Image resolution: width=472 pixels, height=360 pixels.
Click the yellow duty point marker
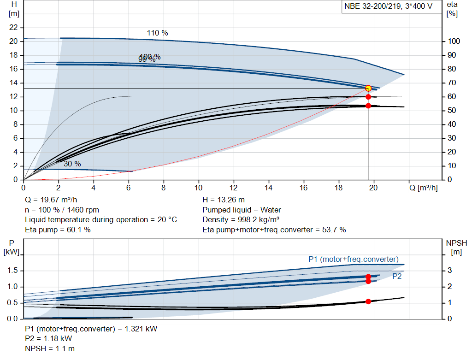click(368, 88)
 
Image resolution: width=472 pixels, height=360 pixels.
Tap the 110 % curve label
click(157, 33)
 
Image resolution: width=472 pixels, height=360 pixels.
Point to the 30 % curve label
click(72, 164)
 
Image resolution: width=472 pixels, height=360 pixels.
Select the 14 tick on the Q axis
click(269, 188)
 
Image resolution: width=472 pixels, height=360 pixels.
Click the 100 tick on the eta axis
click(454, 41)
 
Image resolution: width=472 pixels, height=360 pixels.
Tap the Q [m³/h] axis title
click(423, 188)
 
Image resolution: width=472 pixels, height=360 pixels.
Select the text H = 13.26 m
click(224, 200)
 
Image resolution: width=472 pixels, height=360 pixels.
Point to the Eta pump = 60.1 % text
click(58, 230)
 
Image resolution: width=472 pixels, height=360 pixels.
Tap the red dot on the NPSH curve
click(368, 301)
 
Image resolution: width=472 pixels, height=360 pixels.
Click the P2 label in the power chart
click(397, 276)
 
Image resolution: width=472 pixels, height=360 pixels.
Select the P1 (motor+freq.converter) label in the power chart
click(354, 259)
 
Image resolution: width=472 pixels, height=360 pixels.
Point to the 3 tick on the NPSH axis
click(454, 271)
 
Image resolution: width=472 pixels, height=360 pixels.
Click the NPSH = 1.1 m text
click(49, 348)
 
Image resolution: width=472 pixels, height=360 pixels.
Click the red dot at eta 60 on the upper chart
click(368, 97)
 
